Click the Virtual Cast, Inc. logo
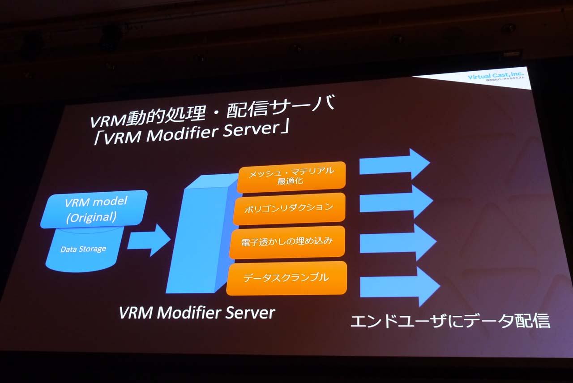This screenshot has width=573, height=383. [496, 77]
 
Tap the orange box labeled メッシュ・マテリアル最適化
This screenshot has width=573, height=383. [291, 176]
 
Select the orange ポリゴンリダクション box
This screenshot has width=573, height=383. [289, 208]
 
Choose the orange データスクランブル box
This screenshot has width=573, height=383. [286, 278]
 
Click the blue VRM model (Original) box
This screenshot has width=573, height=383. [94, 209]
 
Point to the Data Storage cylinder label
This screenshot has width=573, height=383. [84, 249]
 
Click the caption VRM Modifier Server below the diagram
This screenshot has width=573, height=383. [197, 313]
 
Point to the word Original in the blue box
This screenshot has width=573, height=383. [92, 217]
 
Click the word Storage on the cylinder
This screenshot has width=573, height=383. [93, 249]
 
